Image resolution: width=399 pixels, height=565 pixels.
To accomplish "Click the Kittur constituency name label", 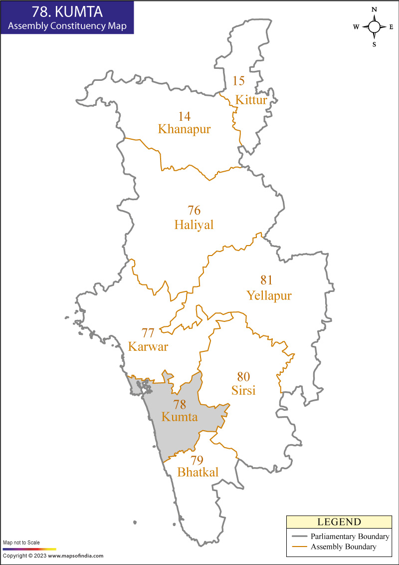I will [251, 100].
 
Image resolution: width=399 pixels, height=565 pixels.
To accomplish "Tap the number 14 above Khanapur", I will [185, 116].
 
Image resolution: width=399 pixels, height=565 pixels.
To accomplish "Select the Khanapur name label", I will [185, 129].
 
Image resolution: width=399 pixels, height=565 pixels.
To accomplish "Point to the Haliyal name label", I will [194, 225].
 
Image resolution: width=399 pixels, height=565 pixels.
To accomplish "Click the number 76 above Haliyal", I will [194, 210].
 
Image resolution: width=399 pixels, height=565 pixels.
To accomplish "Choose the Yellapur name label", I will [269, 295].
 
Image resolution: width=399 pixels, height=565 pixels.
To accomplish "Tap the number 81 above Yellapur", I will [267, 280].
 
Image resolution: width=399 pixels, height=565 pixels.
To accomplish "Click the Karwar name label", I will [148, 346].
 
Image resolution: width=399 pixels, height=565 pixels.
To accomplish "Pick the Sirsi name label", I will [243, 390].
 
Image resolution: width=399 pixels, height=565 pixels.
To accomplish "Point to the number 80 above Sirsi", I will [243, 376].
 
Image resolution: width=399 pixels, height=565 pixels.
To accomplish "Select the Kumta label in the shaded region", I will [180, 417].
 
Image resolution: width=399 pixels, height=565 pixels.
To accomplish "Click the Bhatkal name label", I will [198, 472].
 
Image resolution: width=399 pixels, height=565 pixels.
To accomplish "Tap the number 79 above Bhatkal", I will [197, 460].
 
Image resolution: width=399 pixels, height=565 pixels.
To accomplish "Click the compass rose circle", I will [374, 27].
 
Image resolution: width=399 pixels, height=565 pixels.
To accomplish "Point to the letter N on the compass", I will [374, 10].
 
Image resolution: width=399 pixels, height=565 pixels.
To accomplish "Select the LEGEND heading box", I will [339, 522].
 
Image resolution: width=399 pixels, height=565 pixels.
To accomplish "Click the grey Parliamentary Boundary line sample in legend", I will [299, 537].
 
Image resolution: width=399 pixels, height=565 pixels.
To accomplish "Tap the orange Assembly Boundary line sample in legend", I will [299, 547].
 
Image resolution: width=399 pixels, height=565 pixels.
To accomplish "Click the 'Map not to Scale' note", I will [21, 543].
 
